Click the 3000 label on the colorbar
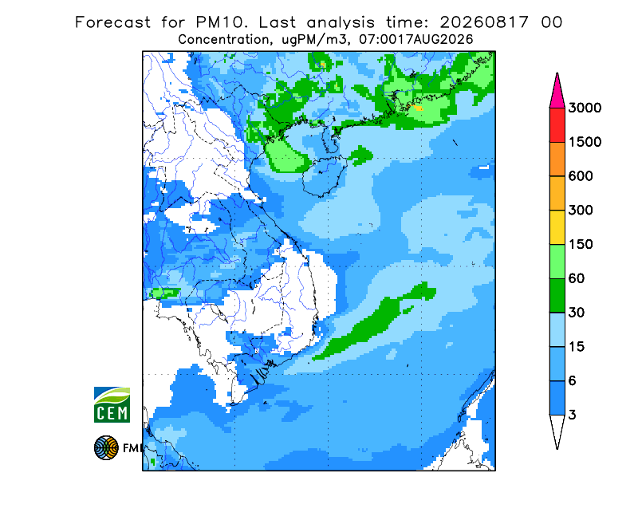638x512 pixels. pyautogui.click(x=585, y=108)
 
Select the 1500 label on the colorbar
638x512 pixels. pyautogui.click(x=585, y=142)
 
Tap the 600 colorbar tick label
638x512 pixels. pyautogui.click(x=581, y=176)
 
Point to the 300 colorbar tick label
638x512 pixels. pyautogui.click(x=581, y=211)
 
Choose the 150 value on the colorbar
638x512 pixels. pyautogui.click(x=581, y=244)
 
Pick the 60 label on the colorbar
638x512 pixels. pyautogui.click(x=577, y=278)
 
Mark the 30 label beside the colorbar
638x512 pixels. pyautogui.click(x=577, y=313)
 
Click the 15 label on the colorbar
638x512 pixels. pyautogui.click(x=577, y=347)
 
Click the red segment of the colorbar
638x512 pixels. pyautogui.click(x=557, y=125)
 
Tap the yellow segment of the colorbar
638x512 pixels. pyautogui.click(x=557, y=227)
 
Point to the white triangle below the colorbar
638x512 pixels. pyautogui.click(x=557, y=429)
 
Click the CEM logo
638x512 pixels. pyautogui.click(x=112, y=404)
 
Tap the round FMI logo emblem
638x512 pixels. pyautogui.click(x=106, y=447)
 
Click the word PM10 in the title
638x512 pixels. pyautogui.click(x=222, y=22)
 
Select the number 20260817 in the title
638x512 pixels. pyautogui.click(x=485, y=22)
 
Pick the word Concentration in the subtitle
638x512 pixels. pyautogui.click(x=224, y=40)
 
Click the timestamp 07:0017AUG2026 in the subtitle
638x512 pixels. pyautogui.click(x=416, y=40)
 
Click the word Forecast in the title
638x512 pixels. pyautogui.click(x=112, y=22)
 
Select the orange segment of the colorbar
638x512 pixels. pyautogui.click(x=557, y=160)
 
